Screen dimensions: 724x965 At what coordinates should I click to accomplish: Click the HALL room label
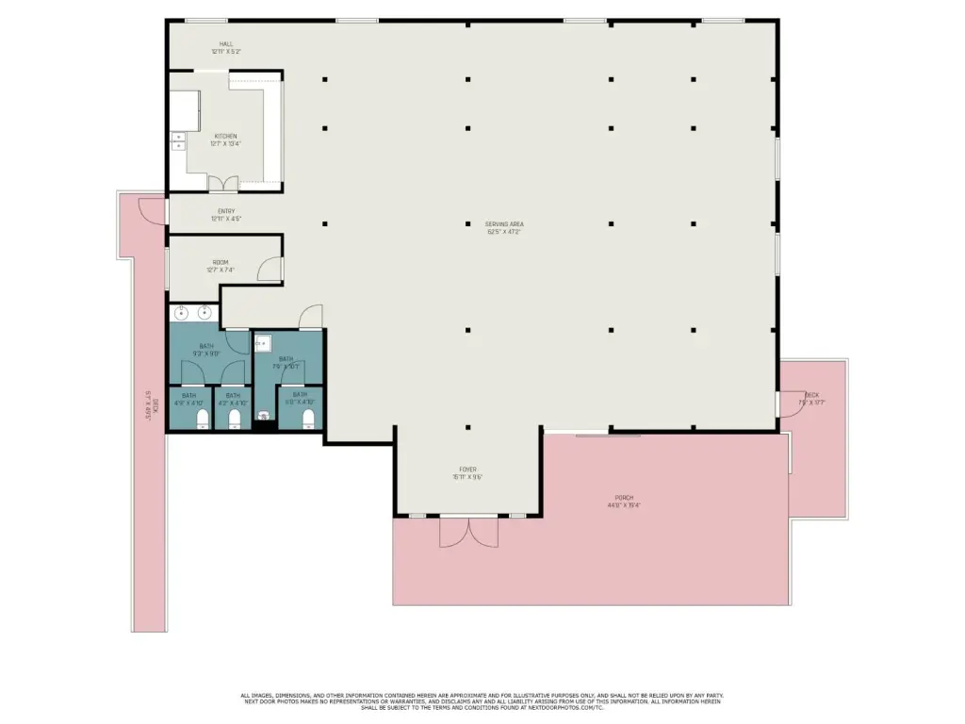(x=225, y=47)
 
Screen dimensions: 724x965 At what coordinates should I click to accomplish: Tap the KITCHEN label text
(x=225, y=140)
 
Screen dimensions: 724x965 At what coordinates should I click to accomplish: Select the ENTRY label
(x=225, y=215)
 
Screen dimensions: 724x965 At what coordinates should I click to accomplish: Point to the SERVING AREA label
(x=503, y=227)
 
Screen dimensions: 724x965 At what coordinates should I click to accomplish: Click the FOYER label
(x=467, y=472)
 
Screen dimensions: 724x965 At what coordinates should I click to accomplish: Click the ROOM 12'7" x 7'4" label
(x=220, y=266)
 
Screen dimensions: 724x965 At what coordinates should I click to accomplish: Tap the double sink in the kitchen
(x=177, y=141)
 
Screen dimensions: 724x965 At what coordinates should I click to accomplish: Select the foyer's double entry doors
(x=467, y=532)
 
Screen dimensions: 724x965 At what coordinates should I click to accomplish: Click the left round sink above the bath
(x=181, y=314)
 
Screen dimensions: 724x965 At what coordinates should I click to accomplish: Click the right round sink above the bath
(x=204, y=314)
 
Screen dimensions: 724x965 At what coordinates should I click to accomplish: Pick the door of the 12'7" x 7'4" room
(x=270, y=269)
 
